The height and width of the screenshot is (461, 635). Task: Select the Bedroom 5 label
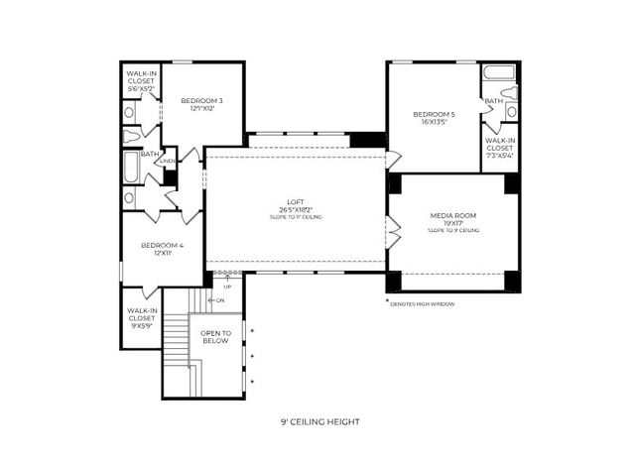pos(434,115)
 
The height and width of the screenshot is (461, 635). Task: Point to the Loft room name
pos(297,202)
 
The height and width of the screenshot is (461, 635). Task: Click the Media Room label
pos(453,215)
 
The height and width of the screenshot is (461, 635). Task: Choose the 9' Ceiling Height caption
pos(319,421)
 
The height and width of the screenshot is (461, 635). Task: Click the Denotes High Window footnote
pos(423,303)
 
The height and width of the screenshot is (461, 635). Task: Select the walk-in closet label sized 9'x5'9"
pos(140,317)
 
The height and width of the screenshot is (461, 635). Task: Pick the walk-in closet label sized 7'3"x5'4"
pos(499,148)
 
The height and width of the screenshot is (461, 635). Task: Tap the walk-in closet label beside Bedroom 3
pos(141,81)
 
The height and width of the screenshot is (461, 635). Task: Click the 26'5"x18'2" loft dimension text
pos(297,210)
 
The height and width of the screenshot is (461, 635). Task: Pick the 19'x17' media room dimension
pos(453,223)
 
